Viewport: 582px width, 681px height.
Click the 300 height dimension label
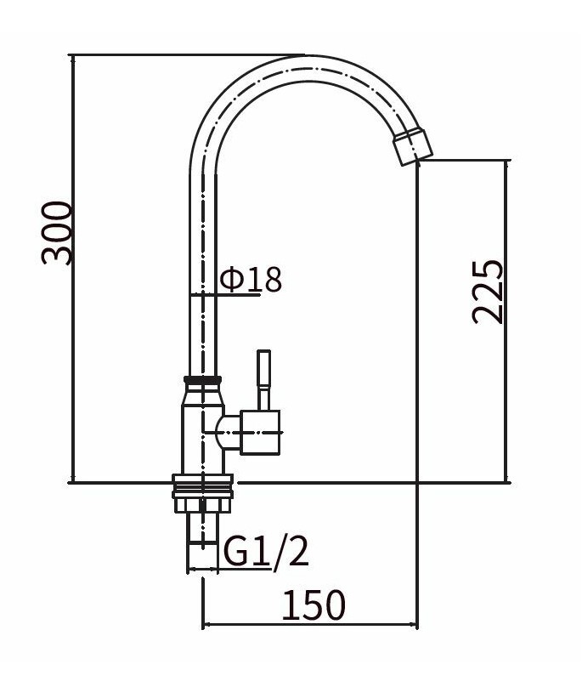tap(56, 232)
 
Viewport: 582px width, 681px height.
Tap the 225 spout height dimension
tap(488, 292)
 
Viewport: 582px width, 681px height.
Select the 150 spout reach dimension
tap(314, 604)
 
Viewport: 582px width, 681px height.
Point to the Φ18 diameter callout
tap(251, 279)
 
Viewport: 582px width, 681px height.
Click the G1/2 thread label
tap(266, 551)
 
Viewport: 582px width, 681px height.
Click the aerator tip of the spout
tap(413, 146)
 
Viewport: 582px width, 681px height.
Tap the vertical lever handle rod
tap(263, 380)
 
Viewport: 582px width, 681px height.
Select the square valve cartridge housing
tap(260, 433)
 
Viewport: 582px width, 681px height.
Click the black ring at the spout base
tap(203, 379)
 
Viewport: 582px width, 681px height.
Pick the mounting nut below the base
tap(203, 506)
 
